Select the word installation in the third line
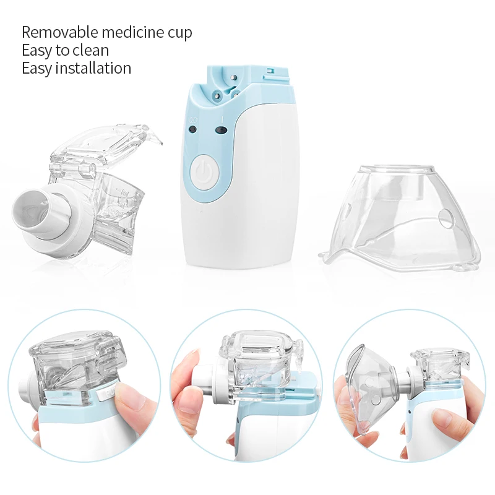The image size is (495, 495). [93, 68]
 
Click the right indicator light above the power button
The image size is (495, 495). [221, 130]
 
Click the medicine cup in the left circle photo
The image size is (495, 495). [74, 365]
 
